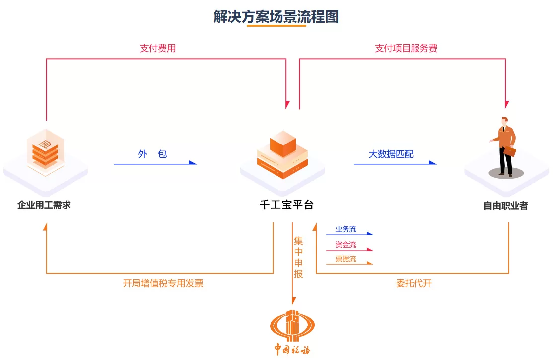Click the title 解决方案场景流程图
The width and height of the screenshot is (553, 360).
276,17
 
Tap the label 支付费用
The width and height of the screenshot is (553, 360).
158,48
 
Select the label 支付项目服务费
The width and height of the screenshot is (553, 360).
406,48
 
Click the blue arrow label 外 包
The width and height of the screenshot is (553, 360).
152,154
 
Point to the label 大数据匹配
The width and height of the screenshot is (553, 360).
391,154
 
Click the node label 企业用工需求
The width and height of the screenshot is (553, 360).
44,205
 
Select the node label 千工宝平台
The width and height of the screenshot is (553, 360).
286,205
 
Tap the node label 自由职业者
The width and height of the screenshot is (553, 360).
506,206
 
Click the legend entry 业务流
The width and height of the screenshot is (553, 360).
346,229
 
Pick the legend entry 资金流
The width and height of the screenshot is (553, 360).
346,245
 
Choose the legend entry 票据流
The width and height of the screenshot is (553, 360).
346,259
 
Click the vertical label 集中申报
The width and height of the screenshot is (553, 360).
298,257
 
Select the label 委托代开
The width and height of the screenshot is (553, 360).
414,284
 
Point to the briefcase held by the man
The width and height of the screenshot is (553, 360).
510,152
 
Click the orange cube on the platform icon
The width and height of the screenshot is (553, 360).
282,144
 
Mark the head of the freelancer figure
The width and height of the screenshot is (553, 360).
504,121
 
